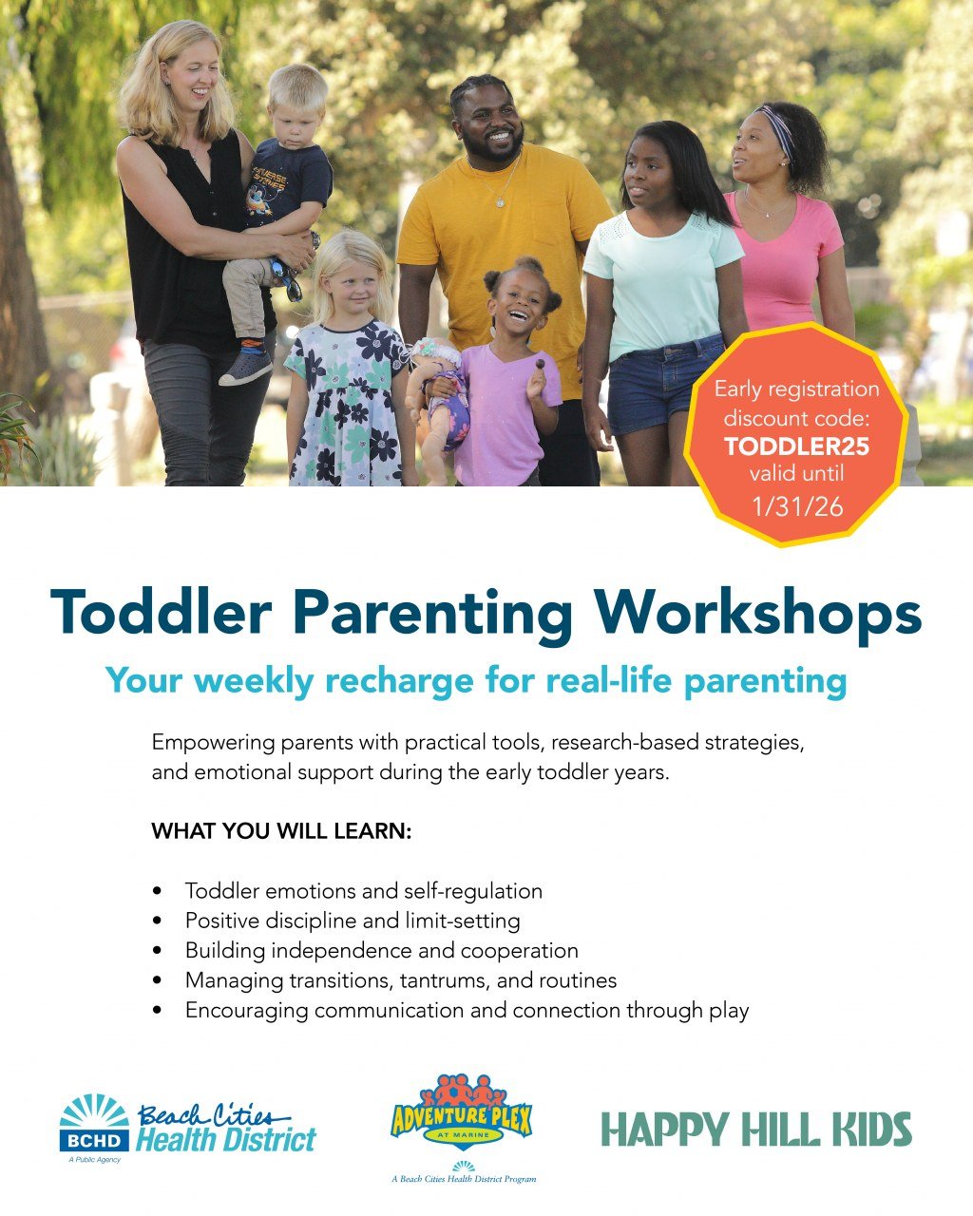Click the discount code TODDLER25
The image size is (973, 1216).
pos(796,446)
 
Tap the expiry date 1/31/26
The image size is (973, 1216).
pos(796,506)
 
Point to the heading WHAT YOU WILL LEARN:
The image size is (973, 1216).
pos(281,831)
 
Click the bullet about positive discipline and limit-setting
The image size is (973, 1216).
pos(352,921)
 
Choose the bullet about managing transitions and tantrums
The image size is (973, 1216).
pos(400,979)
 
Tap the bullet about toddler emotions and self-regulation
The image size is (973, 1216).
pos(363,891)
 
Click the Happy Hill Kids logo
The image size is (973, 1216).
pos(756,1130)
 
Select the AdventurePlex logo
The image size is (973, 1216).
pos(462,1115)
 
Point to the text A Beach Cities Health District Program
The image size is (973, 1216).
pos(464,1179)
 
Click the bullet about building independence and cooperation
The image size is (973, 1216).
pos(381,950)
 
